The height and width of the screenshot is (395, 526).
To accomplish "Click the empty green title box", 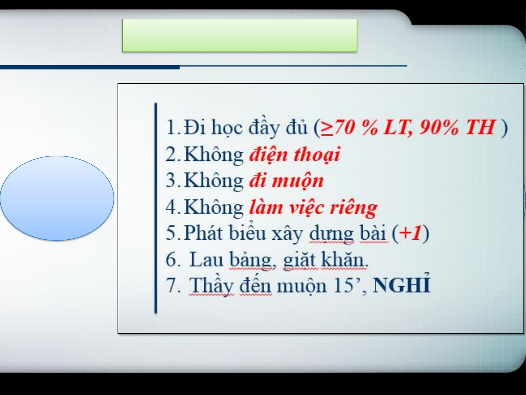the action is pos(239,35).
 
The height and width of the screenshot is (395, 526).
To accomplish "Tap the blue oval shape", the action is pos(57,198).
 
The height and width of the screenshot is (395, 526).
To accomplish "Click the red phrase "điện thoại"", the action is pos(295,154).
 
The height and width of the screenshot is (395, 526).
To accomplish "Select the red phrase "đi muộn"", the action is pos(287,181).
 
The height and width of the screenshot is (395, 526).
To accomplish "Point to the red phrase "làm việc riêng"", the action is pos(313,208).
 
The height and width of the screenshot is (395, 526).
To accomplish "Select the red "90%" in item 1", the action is pos(439,127).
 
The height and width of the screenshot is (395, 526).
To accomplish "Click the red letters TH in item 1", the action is pos(480,127).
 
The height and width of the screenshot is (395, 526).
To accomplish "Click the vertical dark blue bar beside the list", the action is pos(156,208).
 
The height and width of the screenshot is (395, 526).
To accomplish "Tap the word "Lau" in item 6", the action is pos(206,259).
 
